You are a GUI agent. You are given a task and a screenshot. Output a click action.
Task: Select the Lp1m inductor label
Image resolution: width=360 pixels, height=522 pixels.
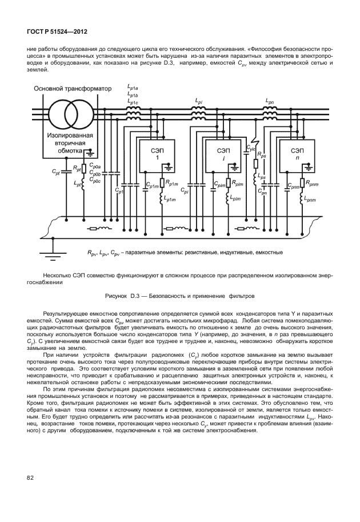coord(170,198)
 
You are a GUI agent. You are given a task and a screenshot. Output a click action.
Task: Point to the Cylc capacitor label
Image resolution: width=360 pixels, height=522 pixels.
coord(251,148)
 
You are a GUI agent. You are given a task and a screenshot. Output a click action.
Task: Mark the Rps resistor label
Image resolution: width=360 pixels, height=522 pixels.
coord(262,154)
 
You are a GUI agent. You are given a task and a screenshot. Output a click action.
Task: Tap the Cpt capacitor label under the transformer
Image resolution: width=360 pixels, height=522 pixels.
coord(55,172)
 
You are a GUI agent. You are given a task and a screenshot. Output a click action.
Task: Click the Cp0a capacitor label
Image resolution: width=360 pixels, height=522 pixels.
coord(95,166)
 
